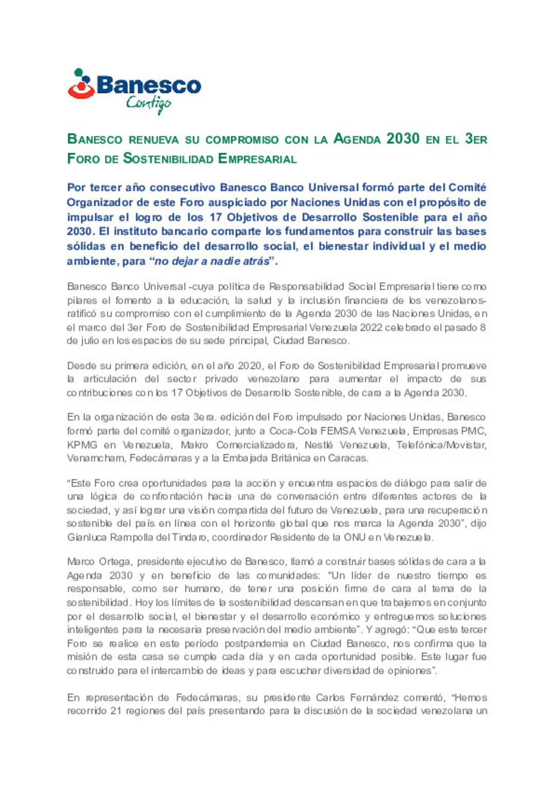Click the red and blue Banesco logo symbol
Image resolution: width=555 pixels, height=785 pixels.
81,84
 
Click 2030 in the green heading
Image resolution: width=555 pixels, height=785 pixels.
403,139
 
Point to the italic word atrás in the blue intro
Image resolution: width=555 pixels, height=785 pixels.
256,261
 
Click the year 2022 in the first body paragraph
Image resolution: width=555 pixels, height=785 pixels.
371,328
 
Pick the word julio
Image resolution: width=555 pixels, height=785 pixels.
90,341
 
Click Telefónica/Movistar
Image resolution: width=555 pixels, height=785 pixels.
441,445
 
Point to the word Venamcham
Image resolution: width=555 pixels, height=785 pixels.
95,458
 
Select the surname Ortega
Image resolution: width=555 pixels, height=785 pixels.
116,562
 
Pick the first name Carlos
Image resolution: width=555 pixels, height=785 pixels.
330,698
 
